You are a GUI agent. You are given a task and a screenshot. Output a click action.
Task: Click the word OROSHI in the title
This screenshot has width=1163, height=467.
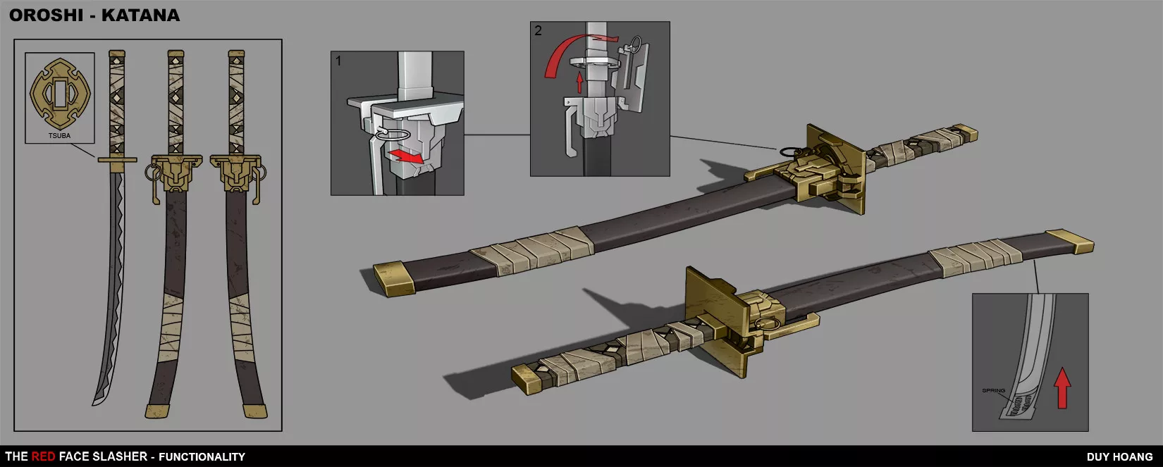[47, 15]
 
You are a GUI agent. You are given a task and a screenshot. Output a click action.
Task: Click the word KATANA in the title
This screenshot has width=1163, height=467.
[141, 15]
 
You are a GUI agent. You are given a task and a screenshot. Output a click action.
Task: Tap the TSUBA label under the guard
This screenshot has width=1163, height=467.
[59, 135]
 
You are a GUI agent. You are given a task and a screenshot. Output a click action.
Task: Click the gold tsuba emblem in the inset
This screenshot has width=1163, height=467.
[60, 94]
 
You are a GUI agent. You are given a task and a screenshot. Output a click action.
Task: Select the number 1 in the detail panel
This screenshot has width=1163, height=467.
[338, 61]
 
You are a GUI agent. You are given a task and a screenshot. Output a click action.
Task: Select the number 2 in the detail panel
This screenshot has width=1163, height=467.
[538, 30]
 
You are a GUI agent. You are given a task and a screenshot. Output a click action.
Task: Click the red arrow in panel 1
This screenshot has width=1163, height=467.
[407, 156]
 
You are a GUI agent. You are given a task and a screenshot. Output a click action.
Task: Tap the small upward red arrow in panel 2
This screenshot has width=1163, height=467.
[579, 83]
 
